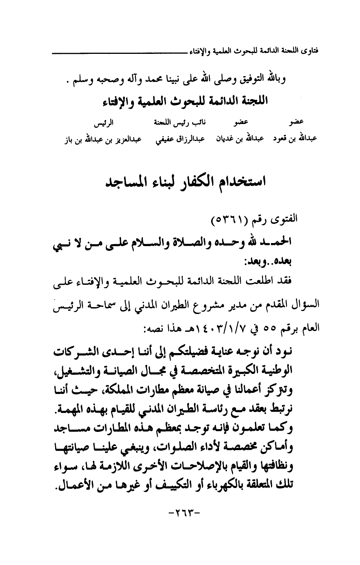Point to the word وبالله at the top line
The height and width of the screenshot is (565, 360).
coord(273,82)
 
